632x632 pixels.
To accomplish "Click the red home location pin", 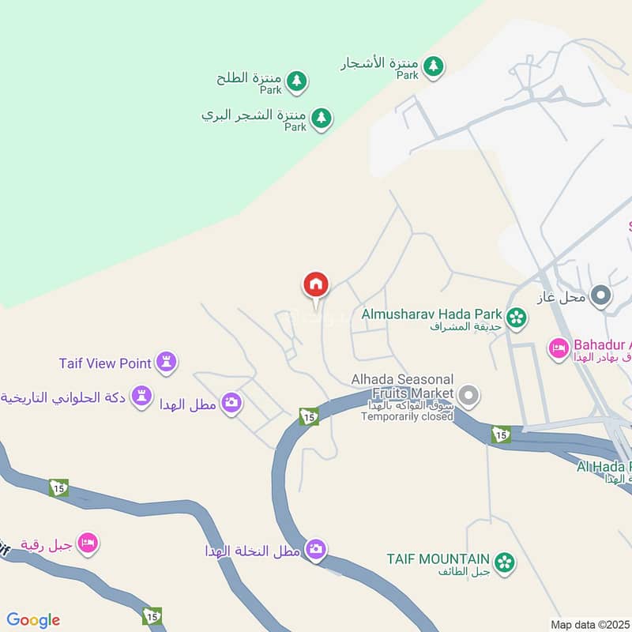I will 316,285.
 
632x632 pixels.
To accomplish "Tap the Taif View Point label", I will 104,363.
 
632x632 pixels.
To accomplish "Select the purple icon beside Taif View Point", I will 167,363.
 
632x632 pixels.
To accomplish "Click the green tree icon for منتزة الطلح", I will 296,81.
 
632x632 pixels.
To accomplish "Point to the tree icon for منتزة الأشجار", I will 432,66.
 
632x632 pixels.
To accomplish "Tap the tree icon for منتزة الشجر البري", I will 320,118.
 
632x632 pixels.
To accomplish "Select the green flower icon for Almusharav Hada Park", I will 517,317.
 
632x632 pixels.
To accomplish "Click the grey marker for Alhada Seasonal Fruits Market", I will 468,394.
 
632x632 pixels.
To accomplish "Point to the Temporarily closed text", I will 407,416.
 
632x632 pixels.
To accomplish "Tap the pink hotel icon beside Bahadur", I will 559,348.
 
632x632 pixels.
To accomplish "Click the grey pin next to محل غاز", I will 601,297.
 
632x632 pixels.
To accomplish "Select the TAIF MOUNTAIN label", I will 438,559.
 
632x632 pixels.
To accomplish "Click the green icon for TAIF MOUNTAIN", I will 504,562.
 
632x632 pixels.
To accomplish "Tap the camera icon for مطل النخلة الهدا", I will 315,549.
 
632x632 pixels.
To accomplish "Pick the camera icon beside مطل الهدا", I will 231,403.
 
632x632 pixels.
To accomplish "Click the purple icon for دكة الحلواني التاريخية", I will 141,396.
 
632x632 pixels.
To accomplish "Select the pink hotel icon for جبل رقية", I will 88,544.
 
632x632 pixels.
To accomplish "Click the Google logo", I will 33,620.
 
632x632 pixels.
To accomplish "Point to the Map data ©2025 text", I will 590,624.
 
